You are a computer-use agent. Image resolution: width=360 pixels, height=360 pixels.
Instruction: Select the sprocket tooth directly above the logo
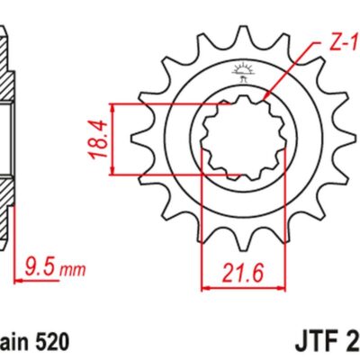click(243, 34)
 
